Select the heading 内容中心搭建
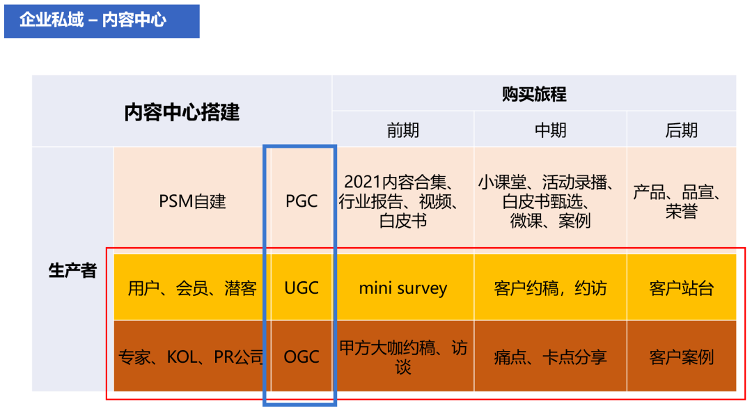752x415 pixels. click(182, 112)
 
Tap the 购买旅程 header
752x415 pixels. click(534, 94)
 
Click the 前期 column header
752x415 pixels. click(403, 130)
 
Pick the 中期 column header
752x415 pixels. click(550, 130)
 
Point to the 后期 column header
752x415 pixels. click(681, 130)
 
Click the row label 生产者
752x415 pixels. click(72, 271)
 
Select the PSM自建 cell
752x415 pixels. click(192, 202)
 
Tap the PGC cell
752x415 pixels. click(301, 202)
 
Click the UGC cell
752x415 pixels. click(301, 288)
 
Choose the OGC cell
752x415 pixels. click(301, 357)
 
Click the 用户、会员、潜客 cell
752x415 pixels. click(192, 288)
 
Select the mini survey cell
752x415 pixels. click(403, 288)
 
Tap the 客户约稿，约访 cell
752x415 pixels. click(550, 288)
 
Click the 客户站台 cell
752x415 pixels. click(681, 288)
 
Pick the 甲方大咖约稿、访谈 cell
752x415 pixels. click(403, 357)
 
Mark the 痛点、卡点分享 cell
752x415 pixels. click(550, 357)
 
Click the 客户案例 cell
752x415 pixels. click(681, 357)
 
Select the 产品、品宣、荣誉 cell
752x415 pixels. click(681, 201)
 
